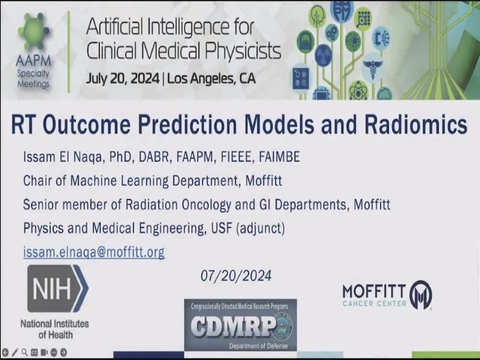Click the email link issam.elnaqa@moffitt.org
pyautogui.click(x=94, y=252)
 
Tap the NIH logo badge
pyautogui.click(x=58, y=289)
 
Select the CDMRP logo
pyautogui.click(x=241, y=325)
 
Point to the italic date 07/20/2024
pyautogui.click(x=236, y=275)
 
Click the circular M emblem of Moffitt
pyautogui.click(x=421, y=295)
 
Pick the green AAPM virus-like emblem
pyautogui.click(x=34, y=33)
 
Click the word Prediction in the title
pyautogui.click(x=187, y=124)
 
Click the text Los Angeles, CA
pyautogui.click(x=211, y=79)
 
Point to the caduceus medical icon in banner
pyautogui.click(x=373, y=68)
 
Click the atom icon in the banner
pyautogui.click(x=358, y=91)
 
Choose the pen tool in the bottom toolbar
pyautogui.click(x=14, y=352)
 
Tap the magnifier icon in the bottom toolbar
pyautogui.click(x=24, y=352)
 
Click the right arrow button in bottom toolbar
pyautogui.click(x=64, y=352)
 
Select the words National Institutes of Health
pyautogui.click(x=55, y=329)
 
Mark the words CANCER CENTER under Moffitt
pyautogui.click(x=374, y=304)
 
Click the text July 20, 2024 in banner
pyautogui.click(x=122, y=79)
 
